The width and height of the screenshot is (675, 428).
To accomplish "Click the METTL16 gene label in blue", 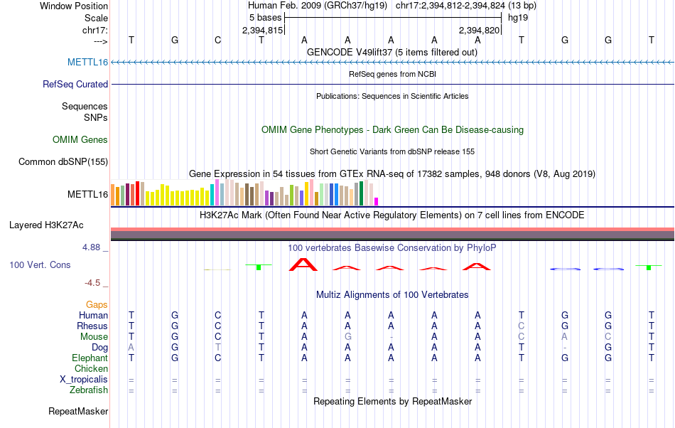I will click(x=87, y=62).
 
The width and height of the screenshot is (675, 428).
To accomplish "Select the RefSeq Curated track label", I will click(x=75, y=84).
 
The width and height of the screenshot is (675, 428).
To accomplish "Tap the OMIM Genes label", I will click(x=80, y=140).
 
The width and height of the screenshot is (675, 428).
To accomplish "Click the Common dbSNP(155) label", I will click(x=63, y=161).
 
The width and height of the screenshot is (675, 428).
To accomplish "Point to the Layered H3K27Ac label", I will click(x=46, y=225).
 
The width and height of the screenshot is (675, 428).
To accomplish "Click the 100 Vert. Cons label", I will click(x=40, y=264).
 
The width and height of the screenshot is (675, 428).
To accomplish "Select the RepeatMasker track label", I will click(x=78, y=411).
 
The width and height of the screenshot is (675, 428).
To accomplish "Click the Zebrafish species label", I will click(x=89, y=390).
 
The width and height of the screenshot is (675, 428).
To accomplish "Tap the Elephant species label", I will click(x=90, y=358).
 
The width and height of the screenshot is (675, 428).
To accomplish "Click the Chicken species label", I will click(x=91, y=368).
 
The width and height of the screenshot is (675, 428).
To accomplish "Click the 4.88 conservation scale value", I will click(x=92, y=247).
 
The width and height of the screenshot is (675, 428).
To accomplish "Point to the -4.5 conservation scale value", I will click(x=94, y=282).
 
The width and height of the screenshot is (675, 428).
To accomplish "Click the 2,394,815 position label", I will click(x=263, y=30).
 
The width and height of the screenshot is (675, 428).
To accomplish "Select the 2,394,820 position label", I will click(x=480, y=30).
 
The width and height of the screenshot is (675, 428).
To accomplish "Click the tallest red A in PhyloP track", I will click(x=304, y=264).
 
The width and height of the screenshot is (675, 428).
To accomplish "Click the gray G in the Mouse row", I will click(x=347, y=336).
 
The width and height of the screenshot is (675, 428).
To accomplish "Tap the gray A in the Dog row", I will click(x=131, y=347).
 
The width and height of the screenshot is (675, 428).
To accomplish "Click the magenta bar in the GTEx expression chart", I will click(x=377, y=200).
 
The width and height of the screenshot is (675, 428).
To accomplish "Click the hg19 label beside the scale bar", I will click(x=517, y=17).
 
